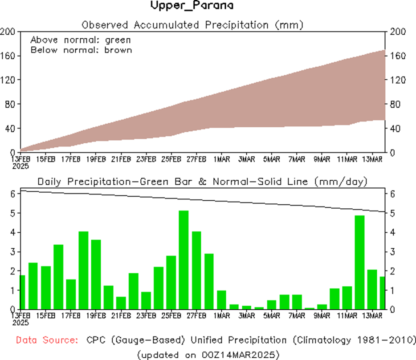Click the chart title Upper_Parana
tap(191, 6)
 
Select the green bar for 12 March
tap(360, 263)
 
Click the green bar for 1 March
tap(222, 300)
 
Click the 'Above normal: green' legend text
tap(81, 40)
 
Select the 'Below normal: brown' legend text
tap(81, 50)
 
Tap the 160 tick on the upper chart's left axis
tap(8, 56)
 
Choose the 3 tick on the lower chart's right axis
tap(392, 252)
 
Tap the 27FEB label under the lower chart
tap(196, 316)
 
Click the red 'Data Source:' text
tap(45, 340)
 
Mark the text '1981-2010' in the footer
tap(387, 340)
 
